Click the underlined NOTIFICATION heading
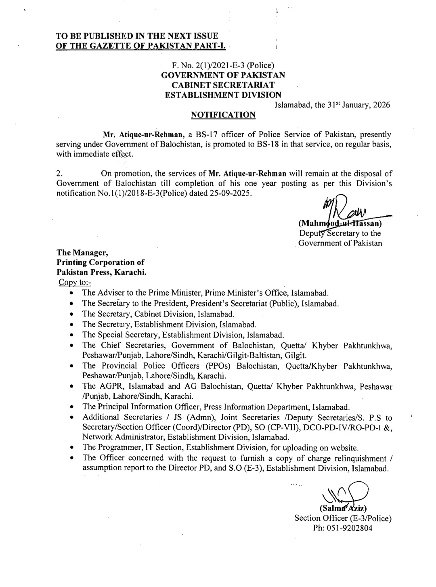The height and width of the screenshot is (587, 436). tap(223, 115)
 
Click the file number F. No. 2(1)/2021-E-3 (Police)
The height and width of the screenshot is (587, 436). tap(223, 65)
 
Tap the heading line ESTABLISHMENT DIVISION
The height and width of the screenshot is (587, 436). tap(223, 95)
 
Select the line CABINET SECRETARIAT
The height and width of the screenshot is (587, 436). tap(223, 85)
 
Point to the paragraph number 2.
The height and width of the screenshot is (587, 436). tap(59, 174)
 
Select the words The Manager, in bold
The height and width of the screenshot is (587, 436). tap(82, 253)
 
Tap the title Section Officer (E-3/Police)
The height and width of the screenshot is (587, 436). tap(343, 518)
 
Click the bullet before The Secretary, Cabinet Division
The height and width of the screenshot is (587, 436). tap(71, 314)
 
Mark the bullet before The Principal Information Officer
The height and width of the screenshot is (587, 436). tap(71, 407)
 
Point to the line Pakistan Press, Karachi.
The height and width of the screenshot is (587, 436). tap(101, 272)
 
